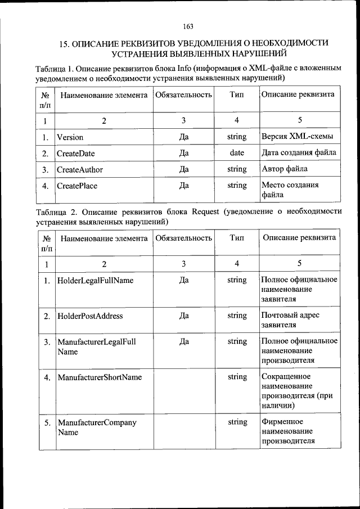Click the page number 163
188,26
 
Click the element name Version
70,137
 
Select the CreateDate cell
76,153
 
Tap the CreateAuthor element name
80,169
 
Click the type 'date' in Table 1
237,153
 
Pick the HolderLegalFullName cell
96,280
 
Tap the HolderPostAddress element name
91,316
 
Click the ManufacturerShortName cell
100,377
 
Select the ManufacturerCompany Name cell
97,427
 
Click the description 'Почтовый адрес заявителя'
291,320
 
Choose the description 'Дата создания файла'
299,153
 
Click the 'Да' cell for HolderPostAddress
183,316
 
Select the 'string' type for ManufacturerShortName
237,377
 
